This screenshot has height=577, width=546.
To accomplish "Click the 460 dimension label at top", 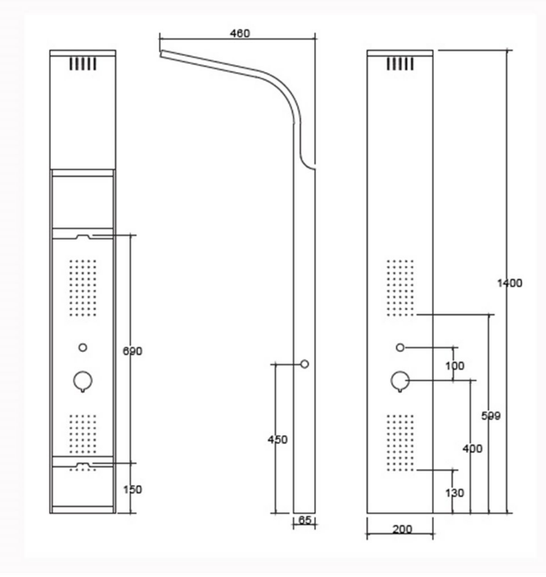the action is pos(240,34).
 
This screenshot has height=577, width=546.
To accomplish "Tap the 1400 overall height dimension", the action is pos(509,283).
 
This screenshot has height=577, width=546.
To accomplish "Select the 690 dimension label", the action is pos(132,351).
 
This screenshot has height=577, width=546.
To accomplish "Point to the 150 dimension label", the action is pos(132,489).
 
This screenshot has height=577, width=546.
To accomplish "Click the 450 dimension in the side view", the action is pos(278,440).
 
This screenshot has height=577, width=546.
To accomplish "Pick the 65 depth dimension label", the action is pos(305,520).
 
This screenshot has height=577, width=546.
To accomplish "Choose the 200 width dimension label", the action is pos(402,530).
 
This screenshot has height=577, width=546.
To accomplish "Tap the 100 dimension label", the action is pos(454,366).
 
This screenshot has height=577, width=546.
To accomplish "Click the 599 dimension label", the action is pos(491,416).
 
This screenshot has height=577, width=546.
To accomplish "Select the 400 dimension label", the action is pos(472,449).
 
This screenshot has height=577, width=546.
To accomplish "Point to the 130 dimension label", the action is pos(454,493).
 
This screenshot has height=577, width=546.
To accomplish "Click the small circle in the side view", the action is pos(305,364).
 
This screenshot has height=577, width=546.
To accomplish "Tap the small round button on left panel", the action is pos(83,347).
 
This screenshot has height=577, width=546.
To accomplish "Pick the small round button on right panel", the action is pos(400,347).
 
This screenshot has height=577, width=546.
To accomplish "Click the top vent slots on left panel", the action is pos(83,64).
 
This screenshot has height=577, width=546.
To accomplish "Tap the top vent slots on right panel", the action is pos(400,64).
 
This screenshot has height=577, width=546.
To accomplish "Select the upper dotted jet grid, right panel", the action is pos(400,288).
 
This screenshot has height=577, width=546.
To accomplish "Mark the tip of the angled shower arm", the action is pos(160,54).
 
